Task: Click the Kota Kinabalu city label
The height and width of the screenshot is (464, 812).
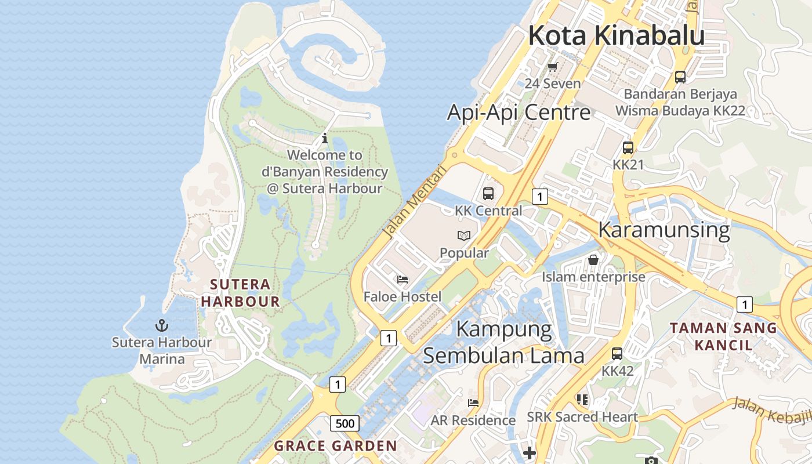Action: coord(616,35)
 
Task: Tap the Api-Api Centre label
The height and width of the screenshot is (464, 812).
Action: coord(519,112)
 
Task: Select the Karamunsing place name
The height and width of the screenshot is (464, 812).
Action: coord(664,230)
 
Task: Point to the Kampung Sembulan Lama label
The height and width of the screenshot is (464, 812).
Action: coord(503,342)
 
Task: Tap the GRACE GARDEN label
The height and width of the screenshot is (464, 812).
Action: coord(335,446)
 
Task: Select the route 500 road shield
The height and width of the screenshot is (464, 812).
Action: coord(345,423)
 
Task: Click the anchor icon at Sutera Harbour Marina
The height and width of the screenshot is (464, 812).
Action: coord(162,325)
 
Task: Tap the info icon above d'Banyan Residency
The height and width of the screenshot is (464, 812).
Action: coord(325,138)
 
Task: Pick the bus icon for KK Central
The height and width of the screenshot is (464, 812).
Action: coord(488,194)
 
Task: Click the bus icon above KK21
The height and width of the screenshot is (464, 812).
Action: coord(628,147)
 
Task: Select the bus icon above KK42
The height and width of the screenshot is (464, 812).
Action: coord(617,353)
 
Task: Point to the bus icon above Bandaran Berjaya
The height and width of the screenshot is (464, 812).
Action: coord(680,77)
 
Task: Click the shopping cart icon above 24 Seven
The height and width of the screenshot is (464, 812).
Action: coord(552,67)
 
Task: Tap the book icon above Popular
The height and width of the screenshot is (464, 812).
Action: coord(464,235)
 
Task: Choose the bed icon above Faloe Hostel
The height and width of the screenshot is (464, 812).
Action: coord(403,280)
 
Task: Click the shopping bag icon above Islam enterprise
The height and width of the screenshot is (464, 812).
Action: coord(593,260)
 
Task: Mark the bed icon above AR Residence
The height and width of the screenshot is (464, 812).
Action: coord(473,403)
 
